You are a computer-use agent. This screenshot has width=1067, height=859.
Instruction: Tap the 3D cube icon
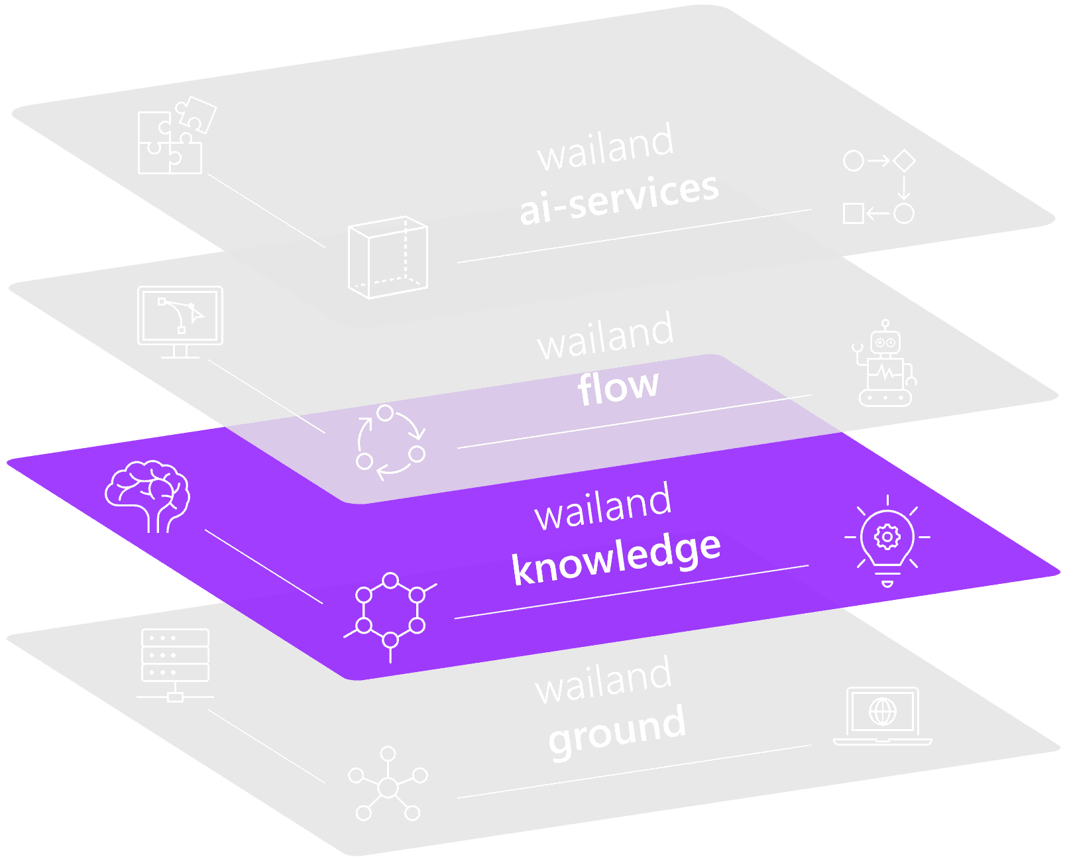coord(388,257)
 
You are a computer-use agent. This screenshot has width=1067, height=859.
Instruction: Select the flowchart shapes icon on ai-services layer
coord(879,188)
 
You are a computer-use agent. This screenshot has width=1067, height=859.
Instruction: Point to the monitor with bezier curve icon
coord(180,321)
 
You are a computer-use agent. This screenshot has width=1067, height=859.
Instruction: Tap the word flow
coord(618,387)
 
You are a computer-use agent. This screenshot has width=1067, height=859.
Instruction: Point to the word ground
coord(618,730)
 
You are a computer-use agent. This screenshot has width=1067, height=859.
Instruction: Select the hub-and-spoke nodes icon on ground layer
coord(388,785)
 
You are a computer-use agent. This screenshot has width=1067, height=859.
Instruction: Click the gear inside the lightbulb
coord(887,536)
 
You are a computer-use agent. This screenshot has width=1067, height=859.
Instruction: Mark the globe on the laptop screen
coord(883,712)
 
